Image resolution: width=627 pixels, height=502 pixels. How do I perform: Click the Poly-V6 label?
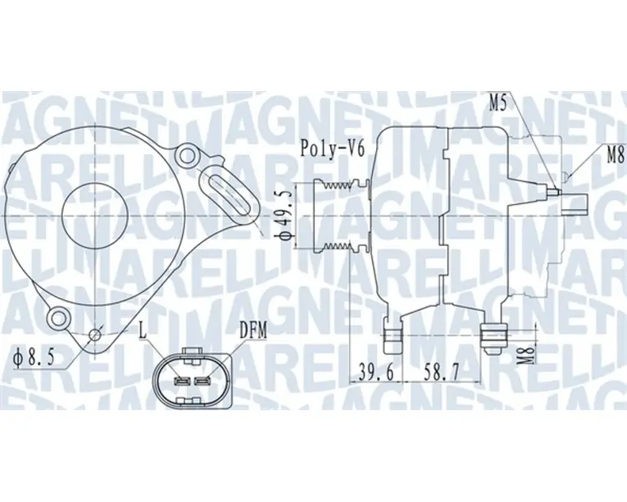(330, 148)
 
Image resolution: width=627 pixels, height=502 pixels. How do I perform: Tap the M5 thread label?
(499, 103)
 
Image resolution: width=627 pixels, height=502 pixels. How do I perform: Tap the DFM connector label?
(253, 330)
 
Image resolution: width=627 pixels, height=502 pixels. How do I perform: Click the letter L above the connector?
(143, 330)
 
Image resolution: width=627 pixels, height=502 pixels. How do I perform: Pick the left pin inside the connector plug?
(182, 381)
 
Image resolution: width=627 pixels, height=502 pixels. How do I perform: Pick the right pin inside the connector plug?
(203, 381)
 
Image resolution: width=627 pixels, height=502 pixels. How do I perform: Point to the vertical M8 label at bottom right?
(530, 354)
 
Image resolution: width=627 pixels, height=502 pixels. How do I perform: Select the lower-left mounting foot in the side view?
(393, 332)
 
